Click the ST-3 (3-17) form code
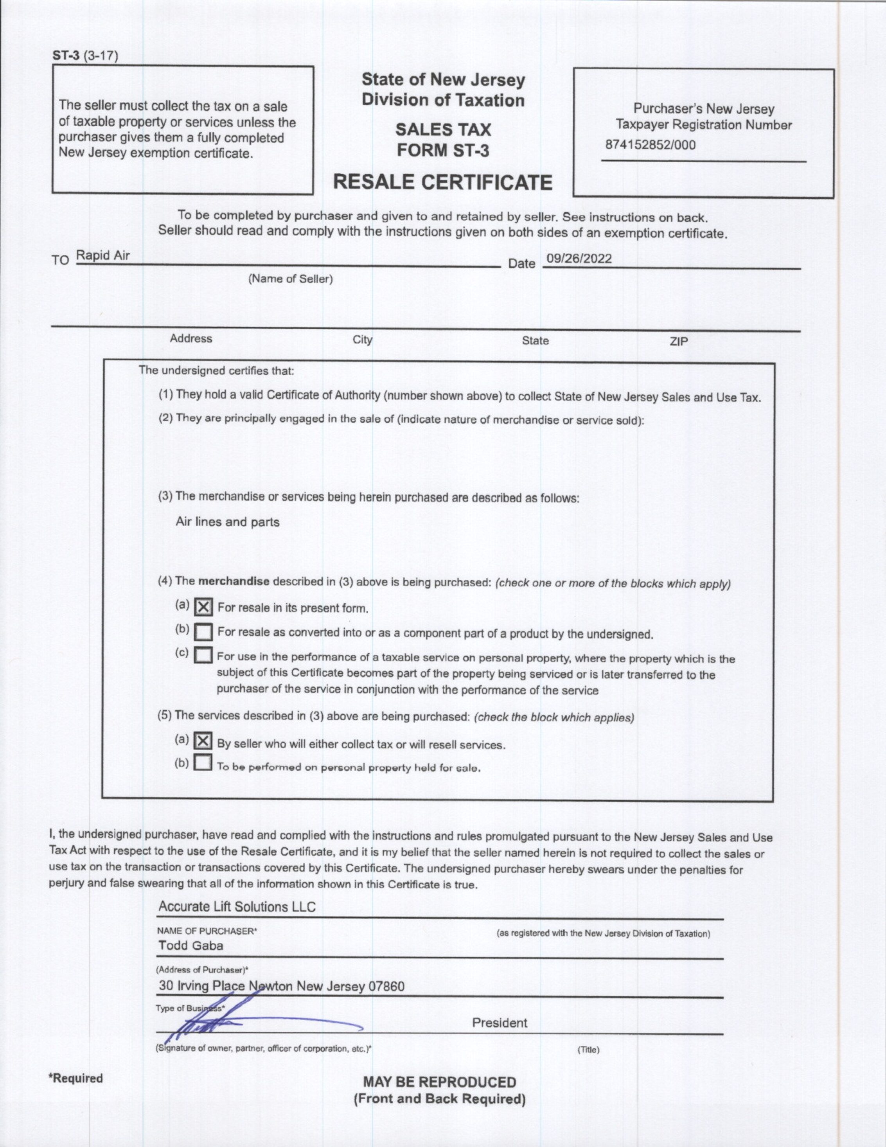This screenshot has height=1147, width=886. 85,56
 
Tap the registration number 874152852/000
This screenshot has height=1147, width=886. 650,145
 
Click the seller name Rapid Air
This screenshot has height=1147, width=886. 103,256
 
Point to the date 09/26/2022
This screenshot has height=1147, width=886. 579,259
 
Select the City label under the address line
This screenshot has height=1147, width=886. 362,340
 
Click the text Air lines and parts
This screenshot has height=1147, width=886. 227,522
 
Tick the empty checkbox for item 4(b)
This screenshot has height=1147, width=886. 203,632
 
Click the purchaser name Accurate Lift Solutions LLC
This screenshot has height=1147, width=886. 237,907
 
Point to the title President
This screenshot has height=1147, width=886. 500,1023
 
